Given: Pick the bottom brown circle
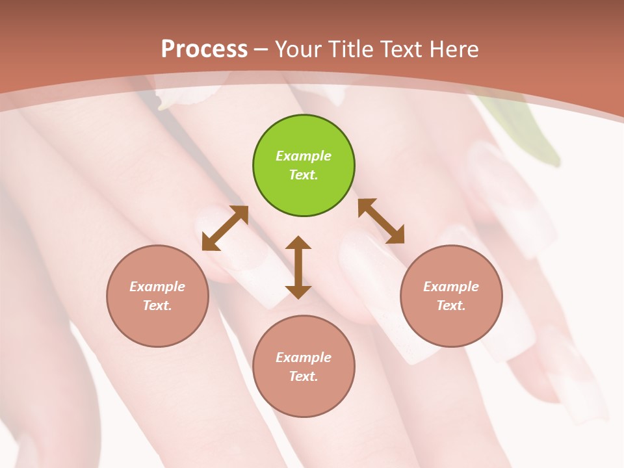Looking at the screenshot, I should tap(304, 396).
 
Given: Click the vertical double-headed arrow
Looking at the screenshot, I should tap(298, 267).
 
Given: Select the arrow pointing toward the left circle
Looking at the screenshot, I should tap(225, 228).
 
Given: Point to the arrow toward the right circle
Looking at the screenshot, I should tap(381, 221).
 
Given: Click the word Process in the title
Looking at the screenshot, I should tap(204, 49).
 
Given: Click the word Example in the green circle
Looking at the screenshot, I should tap(304, 156).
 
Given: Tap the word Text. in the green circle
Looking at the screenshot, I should tap(304, 175).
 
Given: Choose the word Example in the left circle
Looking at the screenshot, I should tap(157, 287).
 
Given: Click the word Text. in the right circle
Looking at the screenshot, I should tap(451, 305).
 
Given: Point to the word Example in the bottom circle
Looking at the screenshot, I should tap(304, 357).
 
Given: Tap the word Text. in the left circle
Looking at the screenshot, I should tap(157, 305).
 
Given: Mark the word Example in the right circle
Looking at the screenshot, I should tap(451, 287).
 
